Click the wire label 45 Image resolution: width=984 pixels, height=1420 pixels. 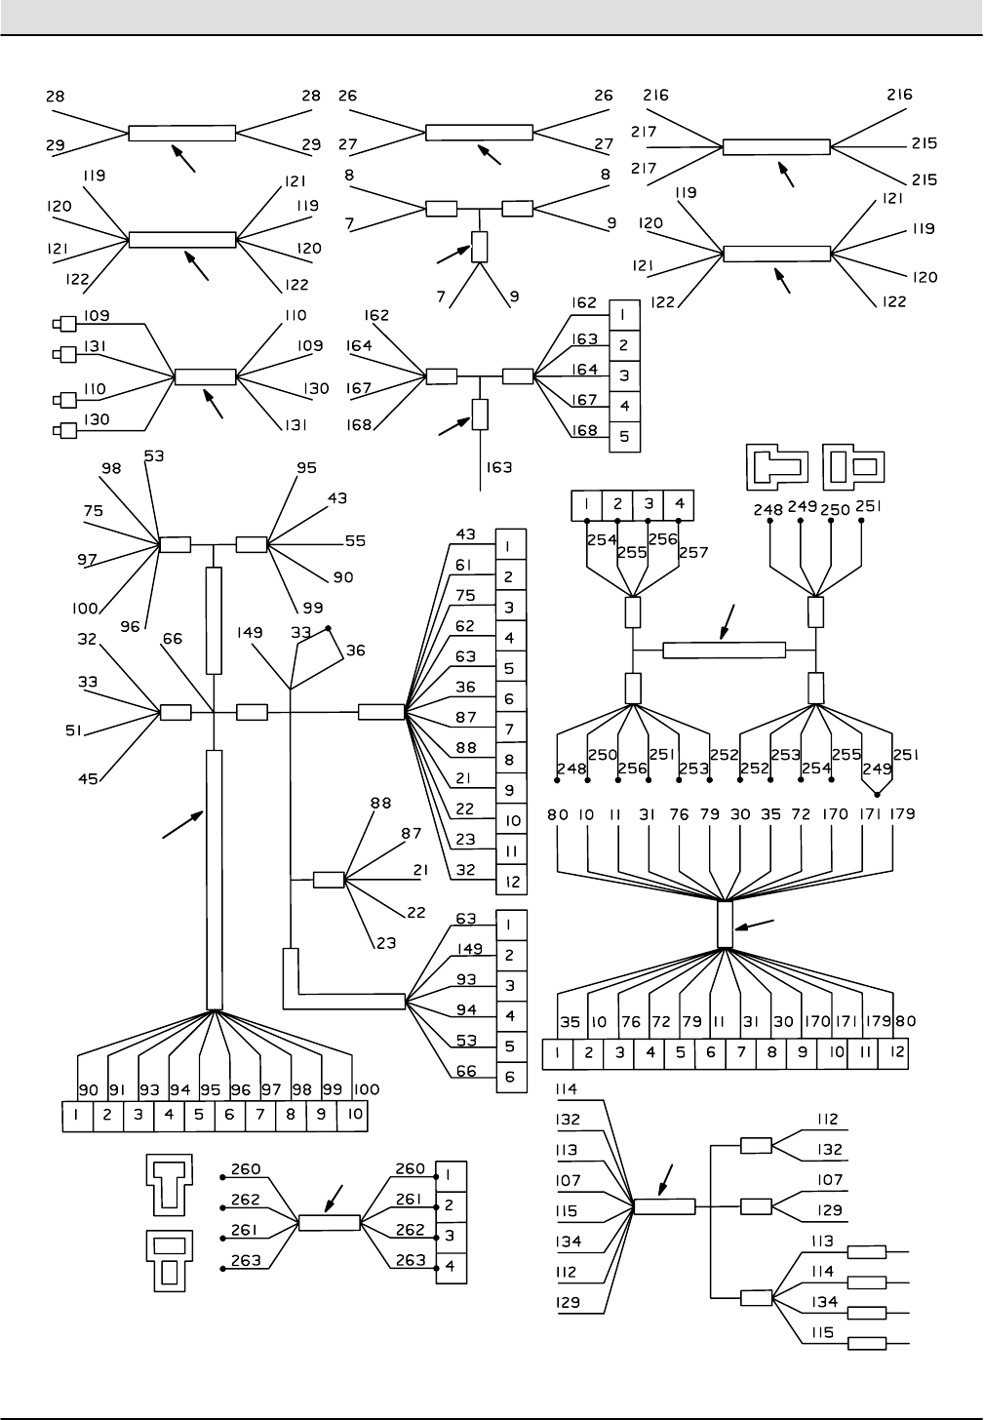tap(89, 779)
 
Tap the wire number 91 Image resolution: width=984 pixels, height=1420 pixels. tap(117, 1089)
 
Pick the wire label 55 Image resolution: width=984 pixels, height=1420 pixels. tap(355, 541)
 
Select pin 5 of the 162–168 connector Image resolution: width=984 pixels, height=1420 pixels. tap(625, 437)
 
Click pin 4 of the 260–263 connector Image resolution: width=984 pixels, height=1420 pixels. tap(451, 1268)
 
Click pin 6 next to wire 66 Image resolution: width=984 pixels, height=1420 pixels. tap(511, 1077)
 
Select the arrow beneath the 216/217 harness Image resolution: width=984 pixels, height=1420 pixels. tap(786, 174)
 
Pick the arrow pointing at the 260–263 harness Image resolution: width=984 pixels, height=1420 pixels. tap(337, 1195)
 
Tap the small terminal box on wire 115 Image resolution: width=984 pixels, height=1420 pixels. tap(867, 1343)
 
